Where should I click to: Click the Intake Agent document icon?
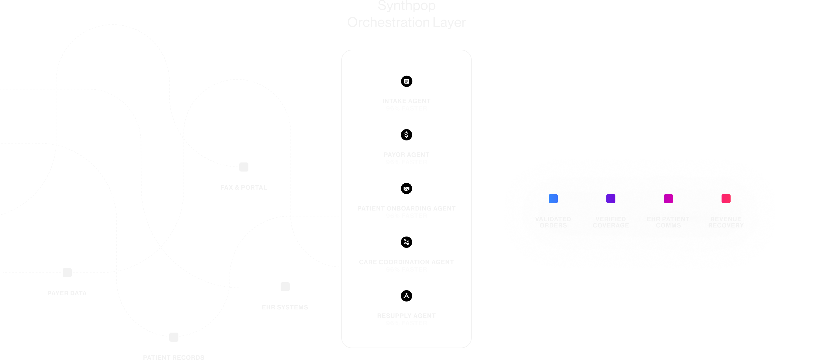coord(406,81)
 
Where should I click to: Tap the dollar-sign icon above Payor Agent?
coord(406,135)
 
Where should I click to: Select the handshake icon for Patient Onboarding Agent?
coord(406,188)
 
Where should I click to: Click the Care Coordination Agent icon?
coord(406,242)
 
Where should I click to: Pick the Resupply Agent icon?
coord(406,296)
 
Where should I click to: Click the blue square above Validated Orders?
coord(553,199)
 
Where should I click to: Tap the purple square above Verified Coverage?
coord(611,199)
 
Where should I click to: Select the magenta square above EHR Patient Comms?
coord(668,199)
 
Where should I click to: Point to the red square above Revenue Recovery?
coord(726,199)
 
